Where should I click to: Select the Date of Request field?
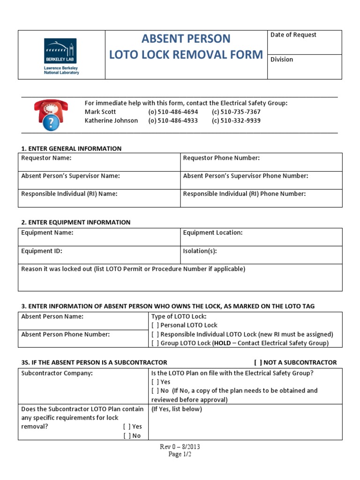tap(305, 43)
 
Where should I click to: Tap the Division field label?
tap(282, 60)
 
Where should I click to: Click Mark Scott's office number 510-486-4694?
tap(173, 112)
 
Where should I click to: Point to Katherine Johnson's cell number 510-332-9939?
tap(236, 120)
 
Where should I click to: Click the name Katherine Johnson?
tap(111, 120)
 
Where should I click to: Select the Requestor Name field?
tap(99, 162)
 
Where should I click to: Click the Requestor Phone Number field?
tap(261, 162)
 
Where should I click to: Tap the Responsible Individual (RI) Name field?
tap(99, 198)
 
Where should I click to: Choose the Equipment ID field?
tap(99, 255)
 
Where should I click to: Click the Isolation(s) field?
tap(261, 255)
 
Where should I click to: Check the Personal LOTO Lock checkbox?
tap(155, 325)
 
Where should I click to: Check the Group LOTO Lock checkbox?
tap(155, 343)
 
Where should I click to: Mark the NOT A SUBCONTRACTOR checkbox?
tap(258, 362)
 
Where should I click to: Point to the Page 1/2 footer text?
tap(180, 454)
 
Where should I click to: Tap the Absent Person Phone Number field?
tap(83, 338)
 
